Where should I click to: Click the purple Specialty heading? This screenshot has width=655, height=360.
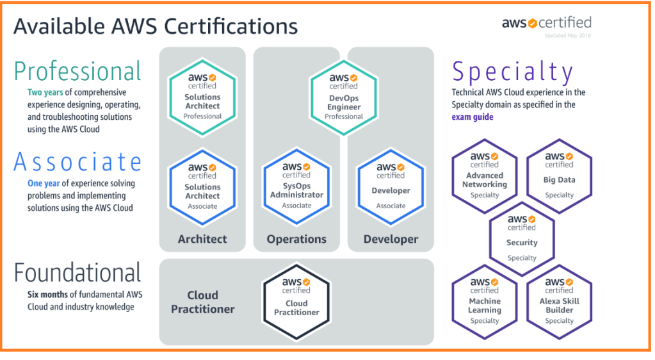[x=512, y=71]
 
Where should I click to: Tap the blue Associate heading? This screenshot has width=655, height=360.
[x=77, y=161]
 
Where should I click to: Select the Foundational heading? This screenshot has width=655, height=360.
[x=77, y=273]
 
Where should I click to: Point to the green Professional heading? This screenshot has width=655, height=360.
[x=77, y=71]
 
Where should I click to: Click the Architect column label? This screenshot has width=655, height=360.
[x=202, y=239]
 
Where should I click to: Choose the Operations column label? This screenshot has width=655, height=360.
[x=296, y=239]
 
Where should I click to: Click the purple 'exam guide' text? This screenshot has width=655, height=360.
[x=473, y=117]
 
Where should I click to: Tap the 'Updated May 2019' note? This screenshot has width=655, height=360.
[x=568, y=36]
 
